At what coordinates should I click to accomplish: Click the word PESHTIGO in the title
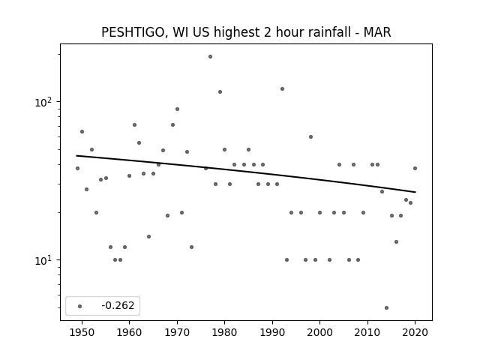pyautogui.click(x=134, y=32)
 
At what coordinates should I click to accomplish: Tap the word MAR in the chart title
pyautogui.click(x=377, y=32)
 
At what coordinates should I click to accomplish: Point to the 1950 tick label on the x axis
pyautogui.click(x=82, y=332)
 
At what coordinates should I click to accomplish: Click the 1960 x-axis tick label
pyautogui.click(x=129, y=332)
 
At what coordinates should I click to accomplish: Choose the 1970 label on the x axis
pyautogui.click(x=177, y=332)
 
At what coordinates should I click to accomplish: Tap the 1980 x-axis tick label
pyautogui.click(x=224, y=332)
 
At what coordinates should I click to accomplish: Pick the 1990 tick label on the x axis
pyautogui.click(x=272, y=332)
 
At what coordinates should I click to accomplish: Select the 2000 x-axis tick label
pyautogui.click(x=319, y=332)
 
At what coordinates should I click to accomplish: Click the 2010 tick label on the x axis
pyautogui.click(x=367, y=332)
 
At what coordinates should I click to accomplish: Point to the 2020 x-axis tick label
pyautogui.click(x=415, y=332)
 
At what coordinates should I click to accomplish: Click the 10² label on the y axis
pyautogui.click(x=45, y=102)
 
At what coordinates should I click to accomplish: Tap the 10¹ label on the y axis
pyautogui.click(x=45, y=260)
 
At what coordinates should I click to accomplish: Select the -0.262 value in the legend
pyautogui.click(x=118, y=305)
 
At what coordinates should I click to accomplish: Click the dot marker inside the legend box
pyautogui.click(x=79, y=306)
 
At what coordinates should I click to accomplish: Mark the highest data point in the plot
pyautogui.click(x=210, y=57)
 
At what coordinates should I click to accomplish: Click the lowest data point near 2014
pyautogui.click(x=387, y=307)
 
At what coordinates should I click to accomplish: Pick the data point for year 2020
pyautogui.click(x=415, y=168)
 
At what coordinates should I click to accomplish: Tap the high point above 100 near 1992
pyautogui.click(x=282, y=88)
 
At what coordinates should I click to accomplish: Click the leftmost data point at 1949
pyautogui.click(x=77, y=168)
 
